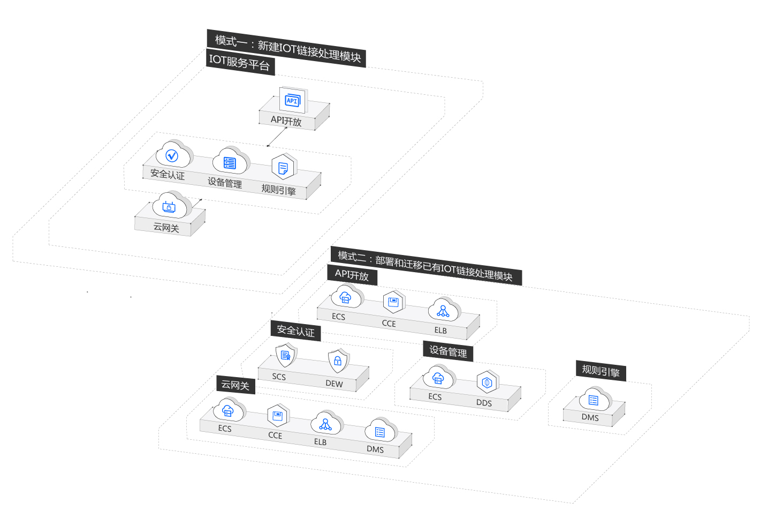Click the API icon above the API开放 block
[292, 100]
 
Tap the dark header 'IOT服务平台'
[240, 63]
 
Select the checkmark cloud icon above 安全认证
[172, 155]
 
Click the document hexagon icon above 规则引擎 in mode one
[283, 167]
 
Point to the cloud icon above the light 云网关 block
[170, 206]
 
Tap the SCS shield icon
[285, 355]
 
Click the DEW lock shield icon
[338, 361]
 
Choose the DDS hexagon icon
[487, 382]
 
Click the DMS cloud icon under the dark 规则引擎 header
[594, 400]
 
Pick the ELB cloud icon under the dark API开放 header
[443, 310]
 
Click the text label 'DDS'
[484, 403]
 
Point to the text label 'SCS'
[279, 377]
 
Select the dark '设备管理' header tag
[448, 351]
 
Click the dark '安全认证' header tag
[295, 331]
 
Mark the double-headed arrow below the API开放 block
[277, 138]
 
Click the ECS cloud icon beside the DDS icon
[438, 378]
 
